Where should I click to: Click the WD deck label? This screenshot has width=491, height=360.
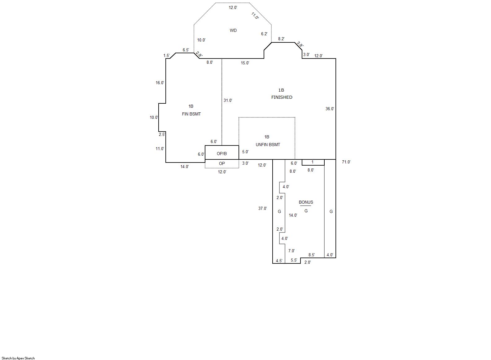click(233, 30)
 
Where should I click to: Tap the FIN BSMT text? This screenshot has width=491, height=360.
click(191, 114)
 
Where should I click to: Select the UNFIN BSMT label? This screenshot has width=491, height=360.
click(268, 145)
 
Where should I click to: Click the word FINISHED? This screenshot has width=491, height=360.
click(282, 97)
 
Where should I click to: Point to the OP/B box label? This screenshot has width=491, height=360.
click(221, 154)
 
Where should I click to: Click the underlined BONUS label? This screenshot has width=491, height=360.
click(306, 202)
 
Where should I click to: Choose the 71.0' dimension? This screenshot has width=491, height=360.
click(346, 162)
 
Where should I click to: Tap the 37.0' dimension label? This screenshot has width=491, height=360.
click(262, 208)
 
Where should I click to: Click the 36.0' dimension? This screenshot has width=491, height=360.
click(330, 109)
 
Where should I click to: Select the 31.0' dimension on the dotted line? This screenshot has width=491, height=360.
click(228, 101)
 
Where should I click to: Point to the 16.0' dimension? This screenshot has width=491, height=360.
click(160, 83)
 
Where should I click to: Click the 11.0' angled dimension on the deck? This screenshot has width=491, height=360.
click(255, 16)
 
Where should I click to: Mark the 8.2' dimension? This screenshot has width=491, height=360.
click(281, 39)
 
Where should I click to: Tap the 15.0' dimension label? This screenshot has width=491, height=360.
click(245, 63)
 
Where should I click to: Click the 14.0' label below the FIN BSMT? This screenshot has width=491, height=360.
click(185, 167)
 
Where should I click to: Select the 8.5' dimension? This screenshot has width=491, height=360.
click(311, 255)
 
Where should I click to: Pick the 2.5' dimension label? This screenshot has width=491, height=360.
click(162, 134)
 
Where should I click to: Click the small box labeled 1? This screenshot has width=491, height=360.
click(313, 162)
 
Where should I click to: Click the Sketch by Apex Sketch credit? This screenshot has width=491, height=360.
click(18, 358)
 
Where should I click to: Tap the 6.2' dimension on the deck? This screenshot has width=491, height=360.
click(264, 34)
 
